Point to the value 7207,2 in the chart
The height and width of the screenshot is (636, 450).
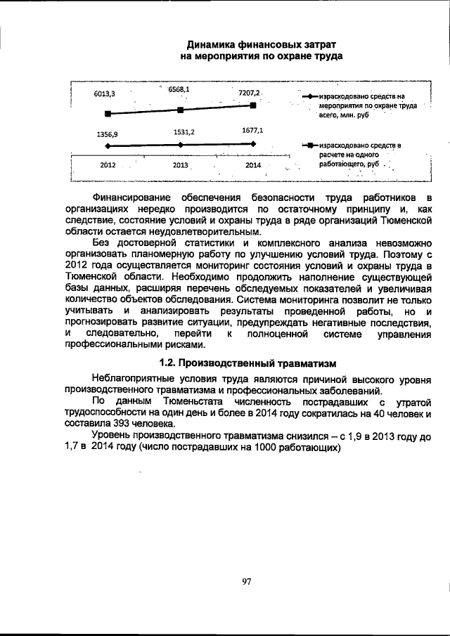pyautogui.click(x=250, y=93)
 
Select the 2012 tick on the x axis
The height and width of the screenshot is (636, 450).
pyautogui.click(x=108, y=164)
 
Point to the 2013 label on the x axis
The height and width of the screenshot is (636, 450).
pyautogui.click(x=182, y=165)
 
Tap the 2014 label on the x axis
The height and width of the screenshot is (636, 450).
pyautogui.click(x=253, y=164)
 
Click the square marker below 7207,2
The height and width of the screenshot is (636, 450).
pyautogui.click(x=253, y=105)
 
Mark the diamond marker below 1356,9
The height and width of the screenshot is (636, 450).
pyautogui.click(x=107, y=145)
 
